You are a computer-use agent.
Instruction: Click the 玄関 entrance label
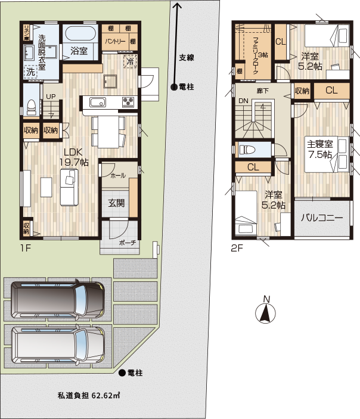(x=116, y=203)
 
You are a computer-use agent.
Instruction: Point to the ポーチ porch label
(x=127, y=243)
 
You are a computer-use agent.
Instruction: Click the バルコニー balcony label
(x=322, y=218)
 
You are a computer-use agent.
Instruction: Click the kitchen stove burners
(x=129, y=101)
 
